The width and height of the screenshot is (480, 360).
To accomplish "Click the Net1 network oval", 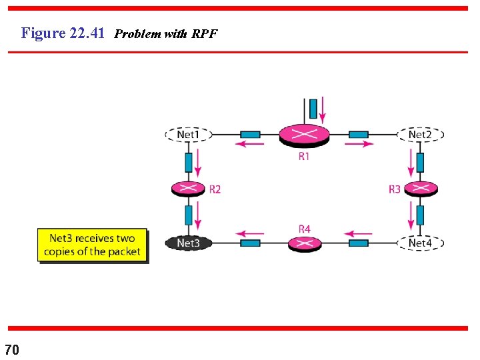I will coord(188,135).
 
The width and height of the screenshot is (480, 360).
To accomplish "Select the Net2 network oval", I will coord(420,135).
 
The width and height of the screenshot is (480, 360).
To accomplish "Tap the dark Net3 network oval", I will coord(188,243).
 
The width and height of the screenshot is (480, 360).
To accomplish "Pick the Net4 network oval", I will coord(420,243).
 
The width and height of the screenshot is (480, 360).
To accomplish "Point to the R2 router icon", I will coord(189,189).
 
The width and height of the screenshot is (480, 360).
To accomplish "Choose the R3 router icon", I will coord(420,189).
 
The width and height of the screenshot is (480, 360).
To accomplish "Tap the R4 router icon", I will coord(305,243).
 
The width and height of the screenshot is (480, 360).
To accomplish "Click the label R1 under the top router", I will coord(304,157).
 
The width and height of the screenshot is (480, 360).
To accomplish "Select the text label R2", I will coord(215,189).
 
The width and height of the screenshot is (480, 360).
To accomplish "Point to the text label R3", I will coord(395,189).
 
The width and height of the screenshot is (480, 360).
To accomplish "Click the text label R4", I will coord(304,229).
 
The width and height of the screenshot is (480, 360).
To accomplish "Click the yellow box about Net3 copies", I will coord(92,245).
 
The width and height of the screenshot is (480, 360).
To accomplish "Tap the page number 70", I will coord(12,349).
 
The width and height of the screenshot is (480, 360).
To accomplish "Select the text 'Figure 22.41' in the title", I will coord(63,33).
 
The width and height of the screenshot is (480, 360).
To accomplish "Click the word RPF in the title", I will coord(204,34).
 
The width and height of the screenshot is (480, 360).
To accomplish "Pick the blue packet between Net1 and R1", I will coord(250,135).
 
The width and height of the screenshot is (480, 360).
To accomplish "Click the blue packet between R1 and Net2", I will coord(359,135).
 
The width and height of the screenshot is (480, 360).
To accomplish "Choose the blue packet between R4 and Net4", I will coord(359,243).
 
